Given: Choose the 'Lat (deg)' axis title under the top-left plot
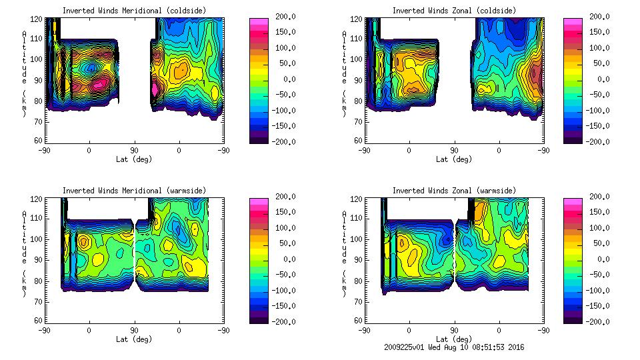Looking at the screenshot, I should [x=133, y=159].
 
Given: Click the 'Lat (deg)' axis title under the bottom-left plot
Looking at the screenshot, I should [x=133, y=339].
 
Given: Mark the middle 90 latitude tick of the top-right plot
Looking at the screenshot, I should [x=454, y=151].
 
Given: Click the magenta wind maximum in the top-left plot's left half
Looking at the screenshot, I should [x=98, y=84].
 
